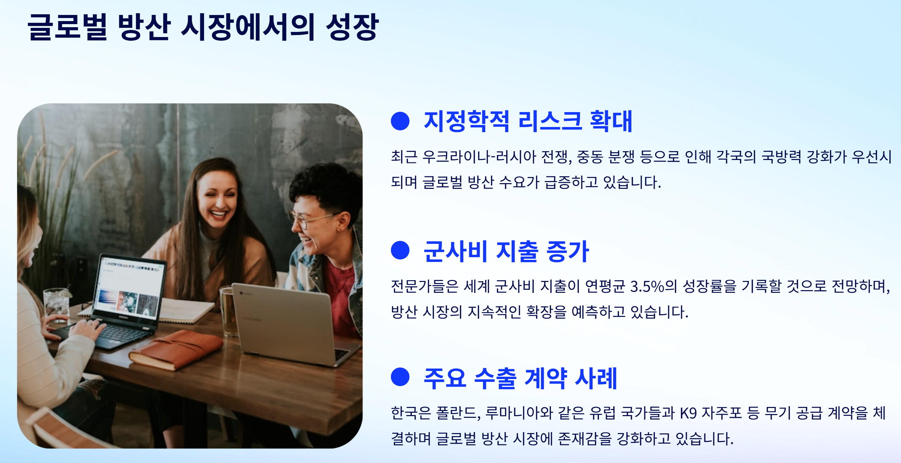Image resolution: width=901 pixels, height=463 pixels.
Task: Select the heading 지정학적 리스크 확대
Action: tap(527, 121)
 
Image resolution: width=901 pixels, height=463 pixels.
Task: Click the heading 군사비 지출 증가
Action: tap(506, 251)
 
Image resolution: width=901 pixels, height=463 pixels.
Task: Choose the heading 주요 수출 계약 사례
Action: tap(520, 378)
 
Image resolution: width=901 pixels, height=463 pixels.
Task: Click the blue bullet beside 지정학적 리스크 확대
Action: tap(400, 121)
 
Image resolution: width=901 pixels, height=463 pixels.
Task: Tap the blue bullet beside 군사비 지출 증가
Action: tap(400, 251)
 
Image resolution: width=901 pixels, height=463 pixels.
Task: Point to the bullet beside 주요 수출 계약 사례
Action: tap(400, 377)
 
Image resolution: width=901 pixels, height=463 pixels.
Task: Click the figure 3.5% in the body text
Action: tap(647, 287)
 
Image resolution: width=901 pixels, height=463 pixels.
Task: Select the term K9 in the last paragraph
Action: tap(688, 413)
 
